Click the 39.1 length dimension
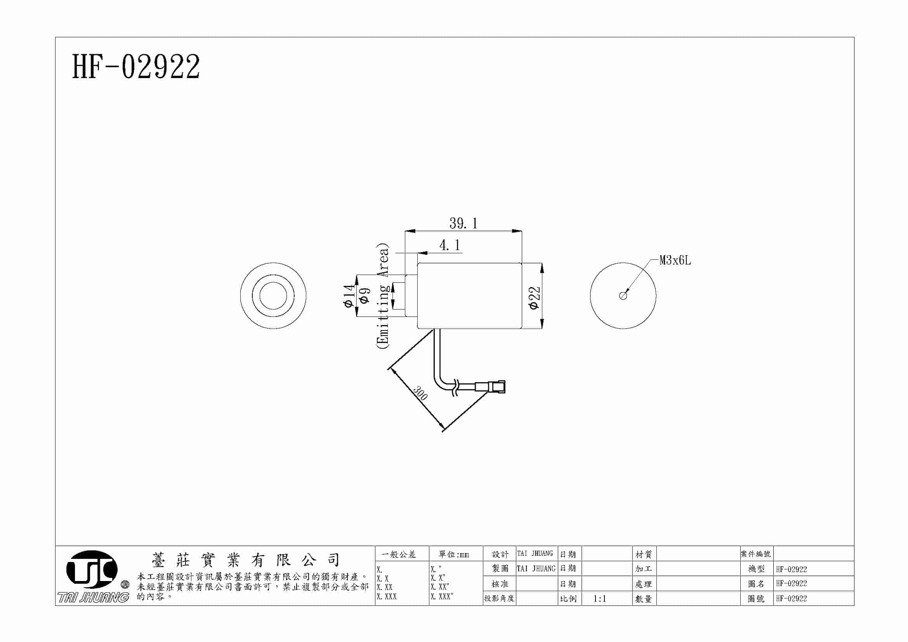[463, 223]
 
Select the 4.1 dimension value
[450, 245]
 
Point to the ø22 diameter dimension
[534, 298]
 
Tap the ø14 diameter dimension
[348, 296]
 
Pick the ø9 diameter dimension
[365, 296]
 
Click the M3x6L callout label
[675, 260]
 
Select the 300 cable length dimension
[420, 393]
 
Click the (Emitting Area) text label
[383, 296]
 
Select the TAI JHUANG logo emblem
[92, 570]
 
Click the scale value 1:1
[599, 599]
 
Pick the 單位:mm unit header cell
[454, 554]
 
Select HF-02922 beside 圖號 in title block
[791, 599]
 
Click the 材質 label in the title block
[643, 554]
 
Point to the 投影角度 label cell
[499, 598]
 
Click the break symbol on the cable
[456, 387]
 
